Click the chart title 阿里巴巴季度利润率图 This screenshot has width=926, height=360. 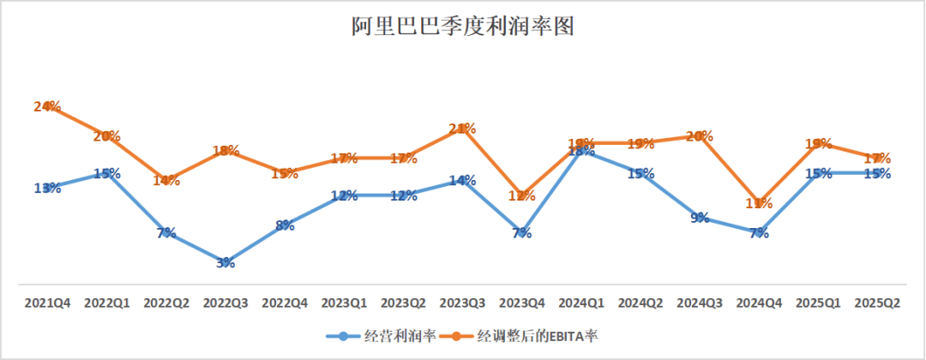(462, 27)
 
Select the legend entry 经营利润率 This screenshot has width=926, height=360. (382, 335)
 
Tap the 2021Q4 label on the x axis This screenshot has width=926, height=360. (48, 303)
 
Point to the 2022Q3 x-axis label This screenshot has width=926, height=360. (226, 303)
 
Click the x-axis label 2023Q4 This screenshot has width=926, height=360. (523, 303)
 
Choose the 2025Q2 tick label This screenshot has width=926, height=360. (879, 303)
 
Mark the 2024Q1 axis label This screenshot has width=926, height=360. (582, 303)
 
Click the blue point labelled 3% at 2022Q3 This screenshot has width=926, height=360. (225, 262)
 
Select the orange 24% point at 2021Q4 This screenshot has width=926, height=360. (48, 106)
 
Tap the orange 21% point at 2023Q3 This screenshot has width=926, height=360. (463, 129)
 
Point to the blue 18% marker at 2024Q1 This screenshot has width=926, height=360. (582, 151)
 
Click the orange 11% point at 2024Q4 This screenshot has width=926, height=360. (760, 203)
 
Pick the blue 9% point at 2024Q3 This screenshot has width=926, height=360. (701, 218)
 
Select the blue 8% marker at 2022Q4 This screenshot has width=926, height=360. (286, 225)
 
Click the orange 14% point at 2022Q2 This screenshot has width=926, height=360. (166, 180)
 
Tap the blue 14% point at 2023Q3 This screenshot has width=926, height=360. (463, 180)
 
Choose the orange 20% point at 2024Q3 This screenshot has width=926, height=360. (701, 135)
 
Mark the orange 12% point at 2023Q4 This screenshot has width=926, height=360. (523, 195)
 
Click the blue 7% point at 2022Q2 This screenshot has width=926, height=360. (166, 232)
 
